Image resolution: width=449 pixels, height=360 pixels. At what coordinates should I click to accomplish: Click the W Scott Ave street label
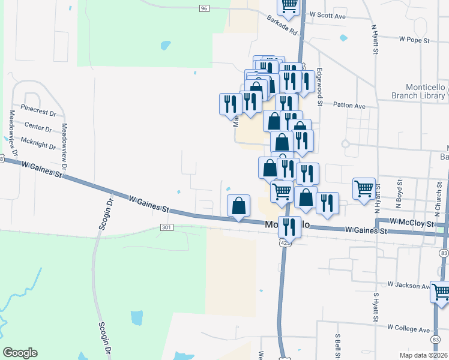[328, 16]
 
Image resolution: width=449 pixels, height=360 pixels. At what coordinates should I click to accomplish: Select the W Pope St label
[415, 40]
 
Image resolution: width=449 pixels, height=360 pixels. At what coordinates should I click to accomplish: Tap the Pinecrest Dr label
[38, 112]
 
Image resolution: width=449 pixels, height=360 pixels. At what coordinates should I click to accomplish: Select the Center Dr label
[39, 127]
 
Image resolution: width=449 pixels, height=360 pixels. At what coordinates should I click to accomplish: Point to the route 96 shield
[205, 8]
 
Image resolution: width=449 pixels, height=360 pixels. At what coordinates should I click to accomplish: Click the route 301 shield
[167, 227]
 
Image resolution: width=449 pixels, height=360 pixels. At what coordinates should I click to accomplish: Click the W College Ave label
[409, 328]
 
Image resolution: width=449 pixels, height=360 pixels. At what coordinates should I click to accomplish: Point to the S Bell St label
[339, 348]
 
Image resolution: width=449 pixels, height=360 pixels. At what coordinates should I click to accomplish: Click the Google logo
[20, 353]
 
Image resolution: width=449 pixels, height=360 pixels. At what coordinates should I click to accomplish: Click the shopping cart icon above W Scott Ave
[289, 5]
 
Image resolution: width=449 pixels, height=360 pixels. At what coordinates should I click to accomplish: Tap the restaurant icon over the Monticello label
[290, 227]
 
